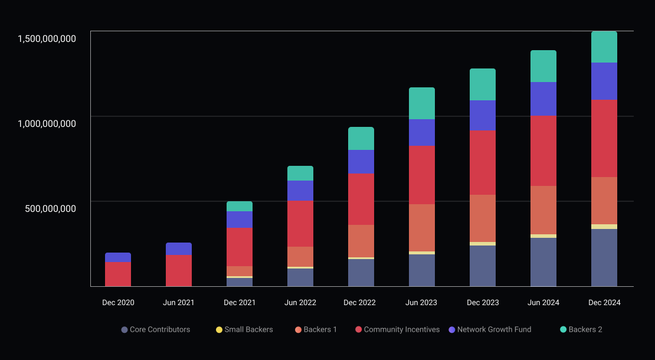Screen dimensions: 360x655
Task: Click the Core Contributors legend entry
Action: point(156,329)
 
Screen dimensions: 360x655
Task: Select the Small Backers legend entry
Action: point(244,329)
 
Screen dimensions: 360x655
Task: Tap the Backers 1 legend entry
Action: point(316,329)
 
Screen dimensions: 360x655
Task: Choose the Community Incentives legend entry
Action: point(397,329)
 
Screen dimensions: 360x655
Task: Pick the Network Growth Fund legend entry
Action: point(490,329)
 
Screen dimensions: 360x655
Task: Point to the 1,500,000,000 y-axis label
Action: point(47,39)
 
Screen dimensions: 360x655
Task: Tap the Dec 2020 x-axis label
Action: point(118,303)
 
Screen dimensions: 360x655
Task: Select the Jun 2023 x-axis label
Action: point(421,303)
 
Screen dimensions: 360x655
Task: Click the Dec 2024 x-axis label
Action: point(604,303)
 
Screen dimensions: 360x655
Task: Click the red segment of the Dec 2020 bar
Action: point(118,274)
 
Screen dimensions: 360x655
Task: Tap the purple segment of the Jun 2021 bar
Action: point(179,248)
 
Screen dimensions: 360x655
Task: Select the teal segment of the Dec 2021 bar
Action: point(240,206)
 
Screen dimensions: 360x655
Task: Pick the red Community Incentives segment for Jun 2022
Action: point(300,224)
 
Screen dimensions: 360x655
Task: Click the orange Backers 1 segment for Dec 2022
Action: point(361,241)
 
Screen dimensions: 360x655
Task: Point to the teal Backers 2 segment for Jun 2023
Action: point(422,103)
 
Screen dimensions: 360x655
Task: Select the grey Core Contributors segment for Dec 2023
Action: point(483,266)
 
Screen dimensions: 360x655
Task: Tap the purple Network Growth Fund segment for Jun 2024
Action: point(543,99)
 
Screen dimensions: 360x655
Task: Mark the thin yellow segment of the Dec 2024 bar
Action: point(604,227)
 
